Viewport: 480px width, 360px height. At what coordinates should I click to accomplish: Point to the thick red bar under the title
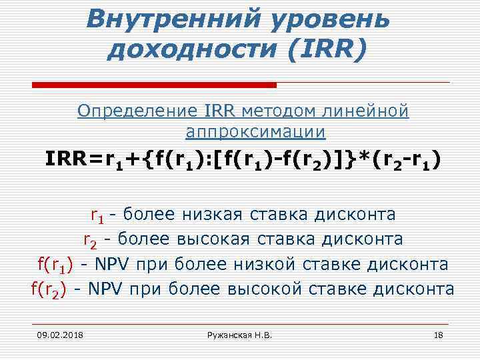[x=154, y=85]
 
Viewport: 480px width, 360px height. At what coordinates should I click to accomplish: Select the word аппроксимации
[x=255, y=132]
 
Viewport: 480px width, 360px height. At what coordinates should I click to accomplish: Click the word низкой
[x=265, y=264]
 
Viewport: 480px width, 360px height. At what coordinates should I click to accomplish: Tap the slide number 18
[x=438, y=333]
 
